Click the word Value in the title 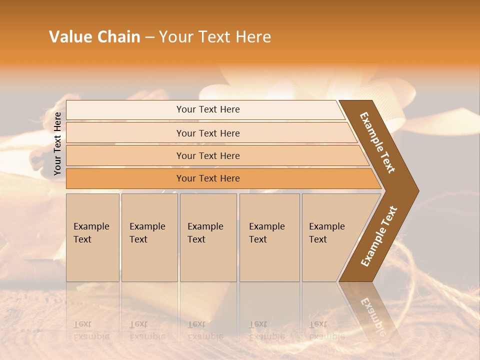tap(69, 37)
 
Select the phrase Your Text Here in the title tap(215, 37)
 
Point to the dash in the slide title tap(149, 37)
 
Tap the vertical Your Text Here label tap(57, 143)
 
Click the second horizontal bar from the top tap(207, 133)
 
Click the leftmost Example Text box tap(92, 237)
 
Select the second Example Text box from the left tap(149, 237)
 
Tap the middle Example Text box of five tap(208, 237)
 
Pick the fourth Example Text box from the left tap(269, 237)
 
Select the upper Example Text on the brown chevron tap(377, 142)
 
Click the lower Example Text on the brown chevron tap(379, 236)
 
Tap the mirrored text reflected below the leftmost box tap(90, 330)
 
